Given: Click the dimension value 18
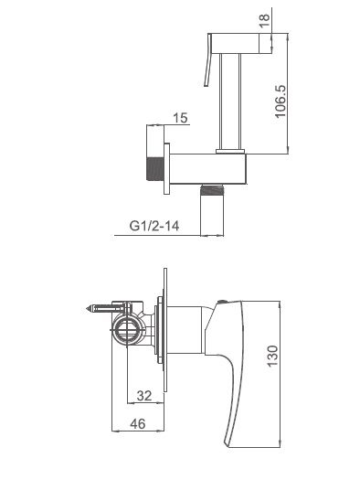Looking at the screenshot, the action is [x=264, y=20].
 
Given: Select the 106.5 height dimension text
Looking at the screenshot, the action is [x=281, y=101].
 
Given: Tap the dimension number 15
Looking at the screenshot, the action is [x=180, y=118].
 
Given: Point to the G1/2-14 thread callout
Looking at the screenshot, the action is [x=154, y=225].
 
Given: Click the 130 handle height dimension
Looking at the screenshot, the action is [x=272, y=356].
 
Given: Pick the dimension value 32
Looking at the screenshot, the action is [x=144, y=396].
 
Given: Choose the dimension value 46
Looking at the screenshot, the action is [x=138, y=424].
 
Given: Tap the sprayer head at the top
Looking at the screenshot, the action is [x=240, y=43].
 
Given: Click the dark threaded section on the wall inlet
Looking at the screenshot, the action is [x=155, y=168].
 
